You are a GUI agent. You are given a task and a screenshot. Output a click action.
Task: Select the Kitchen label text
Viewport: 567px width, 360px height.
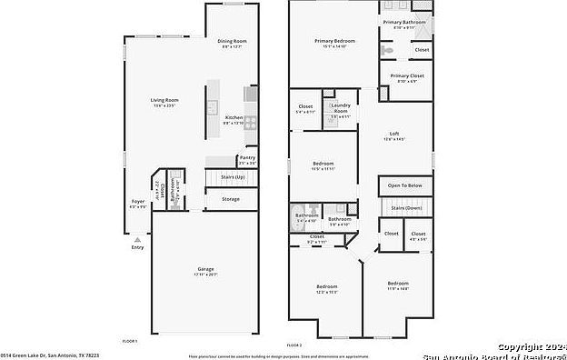point(234,118)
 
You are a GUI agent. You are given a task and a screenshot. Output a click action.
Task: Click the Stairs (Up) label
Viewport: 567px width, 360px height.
point(234,176)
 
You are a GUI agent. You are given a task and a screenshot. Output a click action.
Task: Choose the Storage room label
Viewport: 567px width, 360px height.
point(231,198)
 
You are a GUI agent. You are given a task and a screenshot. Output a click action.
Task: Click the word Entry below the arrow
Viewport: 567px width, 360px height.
point(137,246)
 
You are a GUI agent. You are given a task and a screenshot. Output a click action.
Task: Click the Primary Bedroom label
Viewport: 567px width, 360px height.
point(335,41)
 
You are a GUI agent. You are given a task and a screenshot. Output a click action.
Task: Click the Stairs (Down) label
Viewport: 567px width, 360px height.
point(406,207)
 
